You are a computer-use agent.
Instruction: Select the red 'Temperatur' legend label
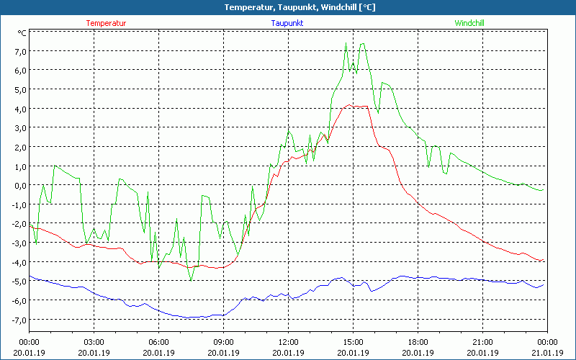point(106,23)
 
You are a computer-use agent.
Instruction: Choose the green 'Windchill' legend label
point(469,23)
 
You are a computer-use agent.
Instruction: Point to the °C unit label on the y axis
point(22,32)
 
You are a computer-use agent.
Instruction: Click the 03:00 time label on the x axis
point(94,342)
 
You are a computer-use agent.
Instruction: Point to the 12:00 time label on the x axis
point(288,342)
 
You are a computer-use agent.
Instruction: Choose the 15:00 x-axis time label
point(353,342)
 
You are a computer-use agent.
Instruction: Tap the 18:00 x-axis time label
point(418,342)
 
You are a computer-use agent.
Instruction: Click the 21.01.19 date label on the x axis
point(547,353)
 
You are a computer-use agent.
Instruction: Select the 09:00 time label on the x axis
point(223,342)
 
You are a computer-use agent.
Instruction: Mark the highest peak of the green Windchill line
point(346,42)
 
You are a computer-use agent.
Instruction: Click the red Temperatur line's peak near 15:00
point(350,104)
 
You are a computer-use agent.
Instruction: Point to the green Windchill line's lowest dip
point(191,280)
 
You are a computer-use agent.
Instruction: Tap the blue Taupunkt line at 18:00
point(418,276)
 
